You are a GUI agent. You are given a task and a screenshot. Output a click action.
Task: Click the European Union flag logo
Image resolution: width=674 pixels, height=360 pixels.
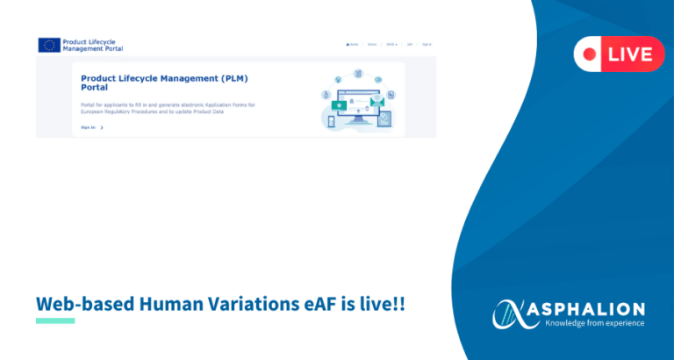(49, 45)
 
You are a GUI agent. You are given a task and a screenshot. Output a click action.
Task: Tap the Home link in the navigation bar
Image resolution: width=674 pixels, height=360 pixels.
(352, 44)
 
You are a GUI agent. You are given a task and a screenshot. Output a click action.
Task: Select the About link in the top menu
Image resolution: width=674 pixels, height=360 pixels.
(372, 44)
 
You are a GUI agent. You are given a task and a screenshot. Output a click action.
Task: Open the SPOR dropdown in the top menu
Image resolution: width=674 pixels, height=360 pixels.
(391, 44)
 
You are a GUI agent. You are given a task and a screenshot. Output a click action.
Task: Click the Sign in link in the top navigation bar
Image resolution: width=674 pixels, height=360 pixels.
(427, 44)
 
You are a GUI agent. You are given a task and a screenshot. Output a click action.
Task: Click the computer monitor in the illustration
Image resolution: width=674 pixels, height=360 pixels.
(355, 104)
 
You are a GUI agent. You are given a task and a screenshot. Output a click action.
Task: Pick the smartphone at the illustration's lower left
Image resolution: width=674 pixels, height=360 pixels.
(331, 122)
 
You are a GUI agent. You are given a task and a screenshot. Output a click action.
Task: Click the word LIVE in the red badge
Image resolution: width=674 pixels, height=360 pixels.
(629, 54)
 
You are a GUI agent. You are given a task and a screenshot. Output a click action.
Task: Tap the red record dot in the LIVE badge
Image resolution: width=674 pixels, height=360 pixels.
(591, 54)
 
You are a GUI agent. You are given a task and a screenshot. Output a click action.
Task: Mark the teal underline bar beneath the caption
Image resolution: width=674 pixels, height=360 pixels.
(55, 320)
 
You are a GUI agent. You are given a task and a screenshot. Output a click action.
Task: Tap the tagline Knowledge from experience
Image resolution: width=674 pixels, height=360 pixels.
(594, 323)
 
